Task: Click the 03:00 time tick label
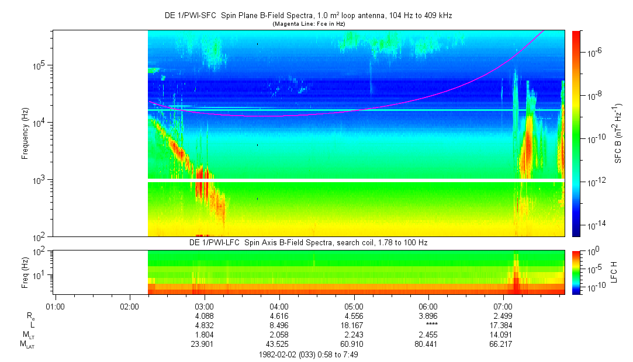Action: click(x=204, y=305)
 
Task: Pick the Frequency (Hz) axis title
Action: click(x=25, y=133)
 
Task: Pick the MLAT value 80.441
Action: click(x=428, y=344)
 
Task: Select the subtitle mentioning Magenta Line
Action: click(x=308, y=24)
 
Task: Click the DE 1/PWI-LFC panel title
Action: click(x=308, y=242)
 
